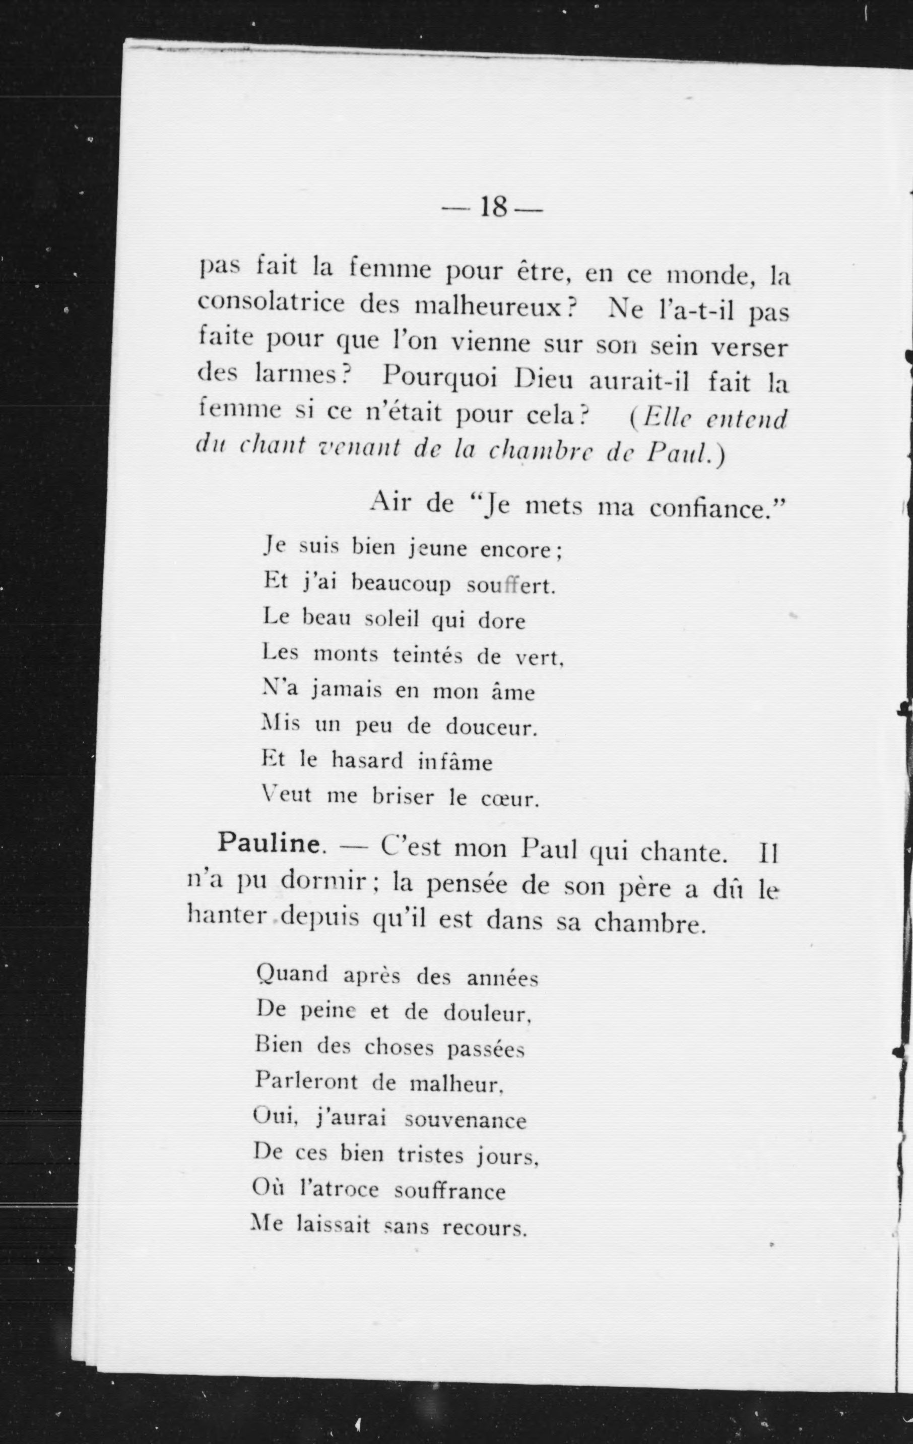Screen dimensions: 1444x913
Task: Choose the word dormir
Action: coord(324,880)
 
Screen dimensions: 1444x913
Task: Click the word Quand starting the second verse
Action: coord(292,975)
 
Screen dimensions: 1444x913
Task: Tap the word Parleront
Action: coord(306,1081)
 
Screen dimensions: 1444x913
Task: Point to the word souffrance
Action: coord(449,1191)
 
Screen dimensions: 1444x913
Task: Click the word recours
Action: coord(484,1228)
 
